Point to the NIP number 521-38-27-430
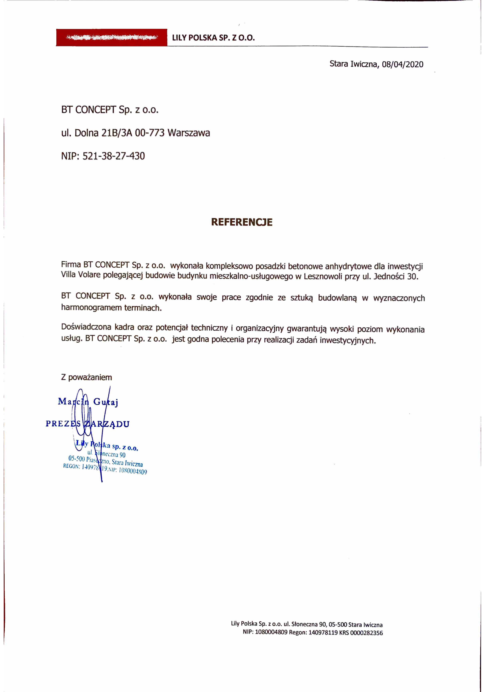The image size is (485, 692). coord(114,157)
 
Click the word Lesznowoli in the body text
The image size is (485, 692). coord(325,278)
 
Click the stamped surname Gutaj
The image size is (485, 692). coord(106,404)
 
